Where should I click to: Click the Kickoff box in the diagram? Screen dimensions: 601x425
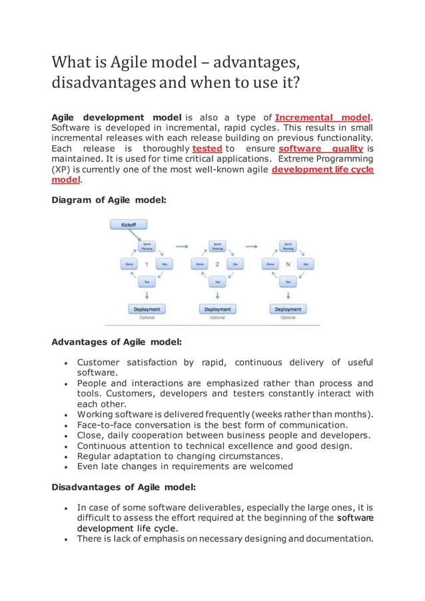[x=128, y=225]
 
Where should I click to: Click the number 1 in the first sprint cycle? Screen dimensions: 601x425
[x=146, y=264]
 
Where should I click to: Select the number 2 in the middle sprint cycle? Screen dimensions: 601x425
[x=217, y=264]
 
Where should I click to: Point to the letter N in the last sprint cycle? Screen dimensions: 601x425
[x=288, y=264]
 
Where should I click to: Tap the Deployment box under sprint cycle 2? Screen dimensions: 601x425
[x=217, y=309]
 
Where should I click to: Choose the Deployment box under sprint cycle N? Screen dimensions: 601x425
[x=288, y=309]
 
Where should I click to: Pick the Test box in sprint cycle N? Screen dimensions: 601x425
[x=288, y=283]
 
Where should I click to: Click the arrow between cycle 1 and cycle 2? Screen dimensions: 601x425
[x=182, y=246]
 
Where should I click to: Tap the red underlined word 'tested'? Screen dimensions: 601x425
[x=207, y=149]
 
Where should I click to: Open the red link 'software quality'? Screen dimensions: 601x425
[x=320, y=149]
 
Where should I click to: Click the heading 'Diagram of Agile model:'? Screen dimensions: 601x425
[x=109, y=199]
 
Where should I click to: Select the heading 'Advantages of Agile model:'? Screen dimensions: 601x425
[x=117, y=342]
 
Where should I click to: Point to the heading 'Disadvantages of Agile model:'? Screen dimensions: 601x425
[x=123, y=487]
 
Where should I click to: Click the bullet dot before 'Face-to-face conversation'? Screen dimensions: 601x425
[x=61, y=424]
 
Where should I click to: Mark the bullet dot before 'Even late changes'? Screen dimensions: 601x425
[x=61, y=467]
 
